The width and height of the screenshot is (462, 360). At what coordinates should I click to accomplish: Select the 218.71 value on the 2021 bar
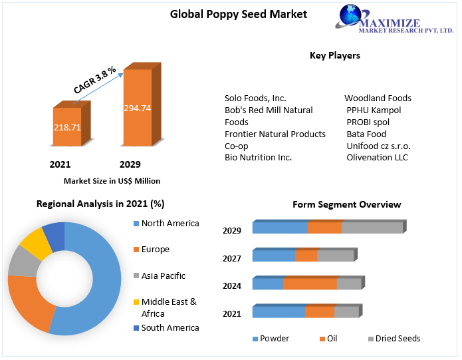tap(66, 126)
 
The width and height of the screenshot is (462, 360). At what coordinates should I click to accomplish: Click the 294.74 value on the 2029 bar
tap(137, 108)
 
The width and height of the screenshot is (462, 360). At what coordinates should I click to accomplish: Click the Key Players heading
tap(334, 55)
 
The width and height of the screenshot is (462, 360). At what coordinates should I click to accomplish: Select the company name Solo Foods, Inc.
tap(255, 98)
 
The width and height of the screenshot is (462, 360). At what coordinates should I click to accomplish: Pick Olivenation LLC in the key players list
tap(377, 158)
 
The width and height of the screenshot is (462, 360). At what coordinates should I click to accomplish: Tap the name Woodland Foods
tap(378, 98)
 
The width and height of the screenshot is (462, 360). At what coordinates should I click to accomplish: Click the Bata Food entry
tap(366, 134)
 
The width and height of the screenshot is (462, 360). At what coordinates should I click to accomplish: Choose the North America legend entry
tap(170, 224)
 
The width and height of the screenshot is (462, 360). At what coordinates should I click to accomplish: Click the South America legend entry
tap(170, 327)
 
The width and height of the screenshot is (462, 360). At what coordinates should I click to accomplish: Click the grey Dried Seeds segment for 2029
tap(372, 228)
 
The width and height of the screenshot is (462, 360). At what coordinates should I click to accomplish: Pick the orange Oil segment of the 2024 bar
tap(310, 283)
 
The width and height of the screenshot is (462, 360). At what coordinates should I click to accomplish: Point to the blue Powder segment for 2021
tap(279, 312)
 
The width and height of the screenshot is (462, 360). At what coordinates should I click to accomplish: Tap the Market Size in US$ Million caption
tap(112, 180)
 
